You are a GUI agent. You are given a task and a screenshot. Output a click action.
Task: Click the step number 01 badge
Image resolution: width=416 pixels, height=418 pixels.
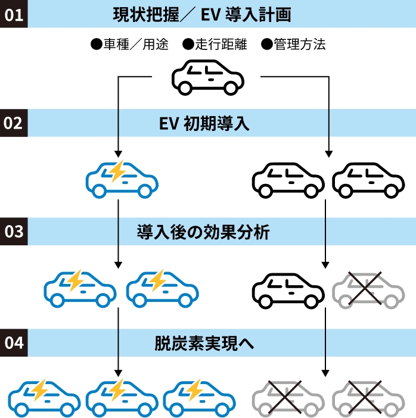click(x=14, y=14)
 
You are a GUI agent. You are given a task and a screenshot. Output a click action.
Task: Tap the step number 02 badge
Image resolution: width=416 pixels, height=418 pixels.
click(x=14, y=123)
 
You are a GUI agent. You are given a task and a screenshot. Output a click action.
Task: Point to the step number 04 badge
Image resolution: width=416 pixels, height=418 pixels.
click(x=14, y=343)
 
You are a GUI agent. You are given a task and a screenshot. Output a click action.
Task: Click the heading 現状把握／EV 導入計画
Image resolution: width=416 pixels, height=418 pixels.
click(x=201, y=14)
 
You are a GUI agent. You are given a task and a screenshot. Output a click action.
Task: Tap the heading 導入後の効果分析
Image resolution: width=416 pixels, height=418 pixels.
click(x=203, y=232)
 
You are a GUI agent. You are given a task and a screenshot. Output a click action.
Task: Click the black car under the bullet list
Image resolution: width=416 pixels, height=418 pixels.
click(x=208, y=77)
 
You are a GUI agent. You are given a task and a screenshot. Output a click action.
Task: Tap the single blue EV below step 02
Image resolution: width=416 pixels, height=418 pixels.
click(x=122, y=178)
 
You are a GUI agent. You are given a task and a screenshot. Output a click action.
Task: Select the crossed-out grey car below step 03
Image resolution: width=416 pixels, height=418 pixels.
click(x=365, y=289)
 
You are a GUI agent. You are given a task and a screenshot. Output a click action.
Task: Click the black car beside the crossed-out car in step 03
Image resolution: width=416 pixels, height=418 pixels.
click(x=288, y=289)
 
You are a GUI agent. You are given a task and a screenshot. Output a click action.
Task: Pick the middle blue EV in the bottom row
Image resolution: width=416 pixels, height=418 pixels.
click(x=122, y=396)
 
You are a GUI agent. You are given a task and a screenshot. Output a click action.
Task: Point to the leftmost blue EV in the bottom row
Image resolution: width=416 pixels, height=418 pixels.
click(x=45, y=396)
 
